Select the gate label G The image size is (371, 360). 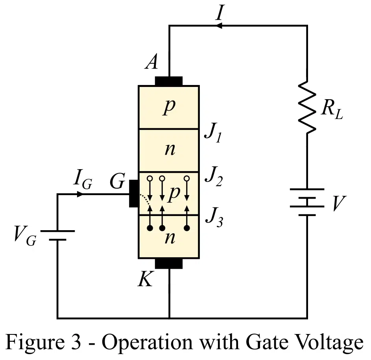pos(118,183)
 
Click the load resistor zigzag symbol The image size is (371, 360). pos(307,106)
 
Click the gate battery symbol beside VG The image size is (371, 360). pos(57,235)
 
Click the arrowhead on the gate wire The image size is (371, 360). pos(80,194)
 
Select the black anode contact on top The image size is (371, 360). pos(169,81)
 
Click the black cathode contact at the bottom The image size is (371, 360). pos(169,263)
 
